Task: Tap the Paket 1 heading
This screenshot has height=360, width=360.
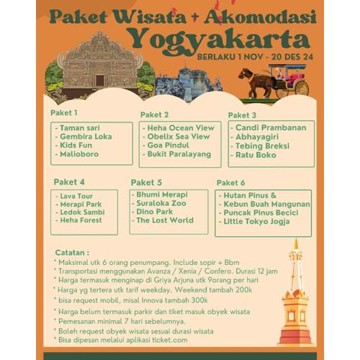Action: (x=64, y=112)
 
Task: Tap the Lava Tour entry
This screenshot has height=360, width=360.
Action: (x=76, y=195)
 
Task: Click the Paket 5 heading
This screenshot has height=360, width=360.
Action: (x=145, y=182)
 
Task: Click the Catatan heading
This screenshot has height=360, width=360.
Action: (x=72, y=253)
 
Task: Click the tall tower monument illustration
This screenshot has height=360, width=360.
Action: (x=295, y=295)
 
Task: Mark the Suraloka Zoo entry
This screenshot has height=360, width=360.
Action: (x=161, y=203)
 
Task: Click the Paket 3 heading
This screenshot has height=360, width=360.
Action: (x=242, y=115)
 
